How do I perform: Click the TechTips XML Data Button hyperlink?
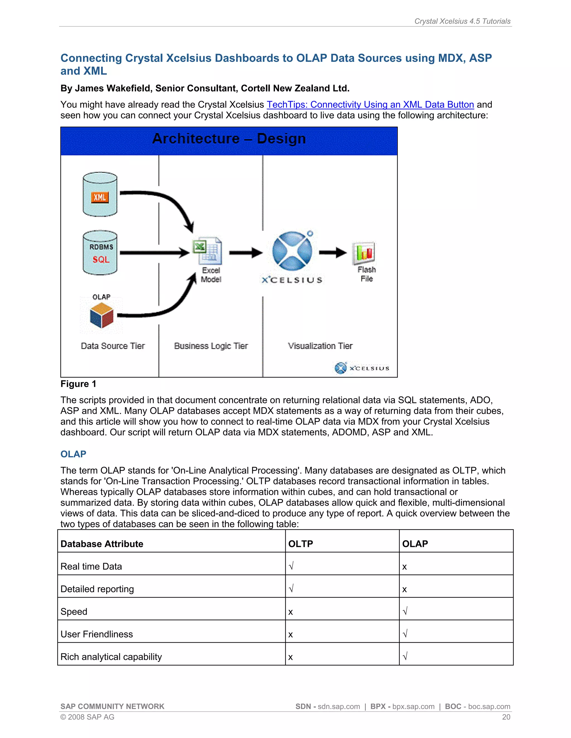click(370, 105)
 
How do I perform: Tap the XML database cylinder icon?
click(100, 194)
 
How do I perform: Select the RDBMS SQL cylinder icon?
click(100, 253)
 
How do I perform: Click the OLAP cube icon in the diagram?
click(101, 315)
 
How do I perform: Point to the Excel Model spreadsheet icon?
click(208, 251)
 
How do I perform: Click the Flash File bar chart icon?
click(364, 253)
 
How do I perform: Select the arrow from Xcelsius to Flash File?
click(333, 252)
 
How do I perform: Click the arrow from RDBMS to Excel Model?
click(154, 252)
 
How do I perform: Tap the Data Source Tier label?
click(113, 346)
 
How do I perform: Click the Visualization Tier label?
click(320, 346)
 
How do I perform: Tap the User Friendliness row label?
click(97, 634)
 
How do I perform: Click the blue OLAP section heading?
click(73, 454)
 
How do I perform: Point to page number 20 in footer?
click(506, 717)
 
